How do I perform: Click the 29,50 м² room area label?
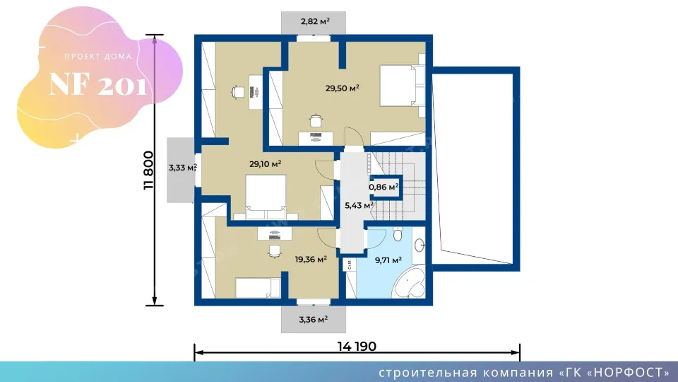[x=343, y=88]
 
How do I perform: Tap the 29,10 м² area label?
[x=265, y=164]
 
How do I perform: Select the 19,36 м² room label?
[x=311, y=260]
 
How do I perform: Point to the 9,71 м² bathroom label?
[x=388, y=260]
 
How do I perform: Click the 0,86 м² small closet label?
[x=383, y=187]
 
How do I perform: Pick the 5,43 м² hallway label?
[x=359, y=205]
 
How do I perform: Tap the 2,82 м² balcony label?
[x=315, y=21]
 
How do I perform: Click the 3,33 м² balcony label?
[x=183, y=168]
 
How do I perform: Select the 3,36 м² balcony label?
[x=314, y=320]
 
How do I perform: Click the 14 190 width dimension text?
[x=357, y=346]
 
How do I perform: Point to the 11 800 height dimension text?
[x=148, y=170]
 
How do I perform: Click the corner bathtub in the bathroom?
[x=410, y=282]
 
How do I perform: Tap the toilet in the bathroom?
[x=398, y=234]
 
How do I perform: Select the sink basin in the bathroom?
[x=420, y=245]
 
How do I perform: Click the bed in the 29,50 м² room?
[x=402, y=86]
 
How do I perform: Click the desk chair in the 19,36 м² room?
[x=274, y=250]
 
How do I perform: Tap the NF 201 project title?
[x=97, y=83]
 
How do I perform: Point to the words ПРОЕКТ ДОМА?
[x=98, y=57]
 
